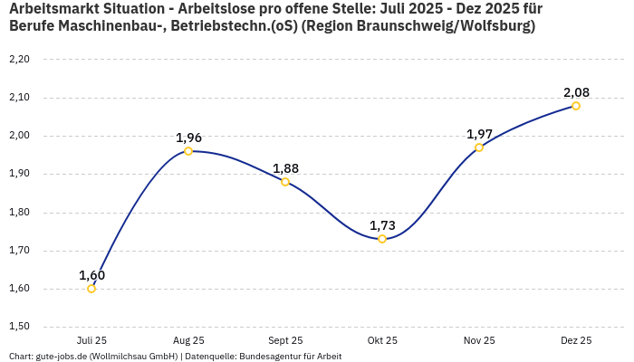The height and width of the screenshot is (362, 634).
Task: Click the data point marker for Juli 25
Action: coord(91,289)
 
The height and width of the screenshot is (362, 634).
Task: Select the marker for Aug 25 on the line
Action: coord(188,151)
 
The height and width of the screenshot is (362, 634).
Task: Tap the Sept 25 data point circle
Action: coord(285,182)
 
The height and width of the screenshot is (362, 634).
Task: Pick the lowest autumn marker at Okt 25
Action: coord(382,239)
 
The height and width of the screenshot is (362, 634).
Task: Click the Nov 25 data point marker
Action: coord(479,148)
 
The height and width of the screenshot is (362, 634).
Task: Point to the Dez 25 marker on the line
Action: coord(576,106)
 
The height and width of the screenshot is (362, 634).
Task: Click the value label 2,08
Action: coord(576,92)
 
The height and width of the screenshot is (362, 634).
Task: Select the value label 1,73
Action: coord(382,224)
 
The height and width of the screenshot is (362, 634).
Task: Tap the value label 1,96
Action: coord(188,138)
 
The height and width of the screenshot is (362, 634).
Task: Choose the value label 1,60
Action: coord(91,275)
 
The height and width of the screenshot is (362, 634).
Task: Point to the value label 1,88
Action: coord(285,168)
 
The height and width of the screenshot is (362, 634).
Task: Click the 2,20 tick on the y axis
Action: coord(19,60)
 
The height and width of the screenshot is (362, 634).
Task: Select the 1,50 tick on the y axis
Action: coord(19,327)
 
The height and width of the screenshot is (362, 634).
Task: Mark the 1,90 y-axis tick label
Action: coord(19,175)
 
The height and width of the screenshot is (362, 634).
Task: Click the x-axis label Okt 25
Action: coord(382,341)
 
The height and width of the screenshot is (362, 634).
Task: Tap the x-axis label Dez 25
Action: coord(576,341)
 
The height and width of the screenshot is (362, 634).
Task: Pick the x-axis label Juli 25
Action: coord(91,341)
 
